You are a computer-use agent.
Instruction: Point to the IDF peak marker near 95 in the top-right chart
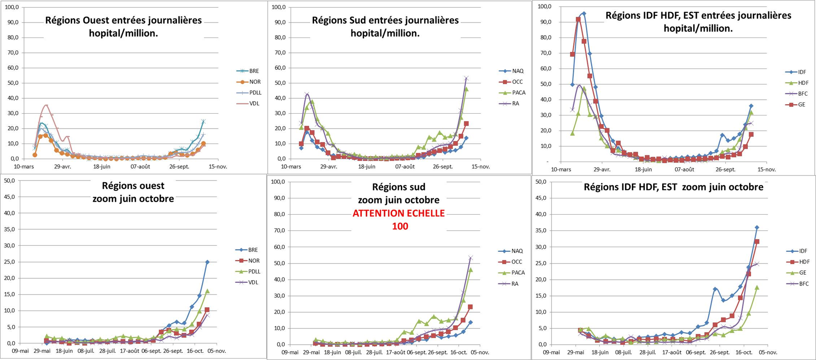[584, 14]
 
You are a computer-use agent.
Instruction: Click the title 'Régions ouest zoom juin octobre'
[133, 192]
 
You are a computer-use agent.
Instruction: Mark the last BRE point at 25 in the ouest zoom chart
[207, 262]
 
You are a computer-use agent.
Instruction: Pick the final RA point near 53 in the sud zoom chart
[471, 258]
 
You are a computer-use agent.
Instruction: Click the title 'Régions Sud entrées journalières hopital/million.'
[385, 27]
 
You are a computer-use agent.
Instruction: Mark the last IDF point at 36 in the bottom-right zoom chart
[757, 228]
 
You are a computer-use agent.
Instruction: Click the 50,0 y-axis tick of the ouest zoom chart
[9, 180]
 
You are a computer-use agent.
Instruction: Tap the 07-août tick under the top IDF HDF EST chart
[684, 170]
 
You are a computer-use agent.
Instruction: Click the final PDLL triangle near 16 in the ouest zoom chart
[207, 291]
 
